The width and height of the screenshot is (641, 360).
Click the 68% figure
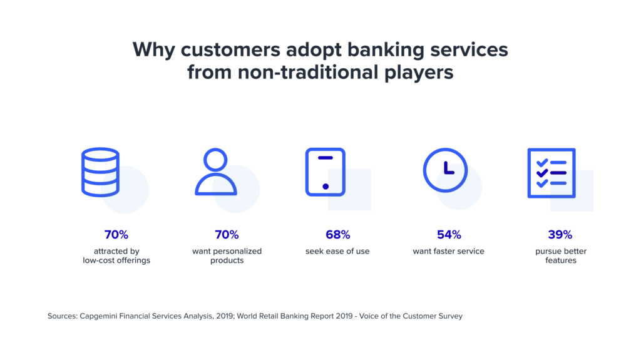(x=337, y=234)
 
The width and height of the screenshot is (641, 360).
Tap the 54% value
(x=449, y=234)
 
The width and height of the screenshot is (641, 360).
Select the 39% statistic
(x=560, y=234)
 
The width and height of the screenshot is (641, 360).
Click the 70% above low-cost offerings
(x=116, y=234)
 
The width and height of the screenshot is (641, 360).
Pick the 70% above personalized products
(x=227, y=234)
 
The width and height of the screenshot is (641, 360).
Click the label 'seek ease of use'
(x=337, y=251)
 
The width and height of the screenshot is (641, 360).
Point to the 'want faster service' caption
(x=448, y=251)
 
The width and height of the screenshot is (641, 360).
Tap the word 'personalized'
(x=238, y=252)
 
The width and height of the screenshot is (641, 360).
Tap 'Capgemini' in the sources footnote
(x=98, y=316)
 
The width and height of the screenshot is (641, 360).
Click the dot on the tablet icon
(x=326, y=187)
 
